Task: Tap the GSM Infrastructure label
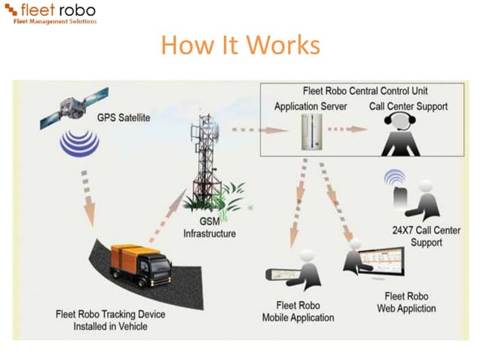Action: [x=210, y=227]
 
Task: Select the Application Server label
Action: [x=311, y=106]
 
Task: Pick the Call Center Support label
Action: [x=408, y=106]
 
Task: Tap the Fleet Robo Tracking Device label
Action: [x=110, y=320]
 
